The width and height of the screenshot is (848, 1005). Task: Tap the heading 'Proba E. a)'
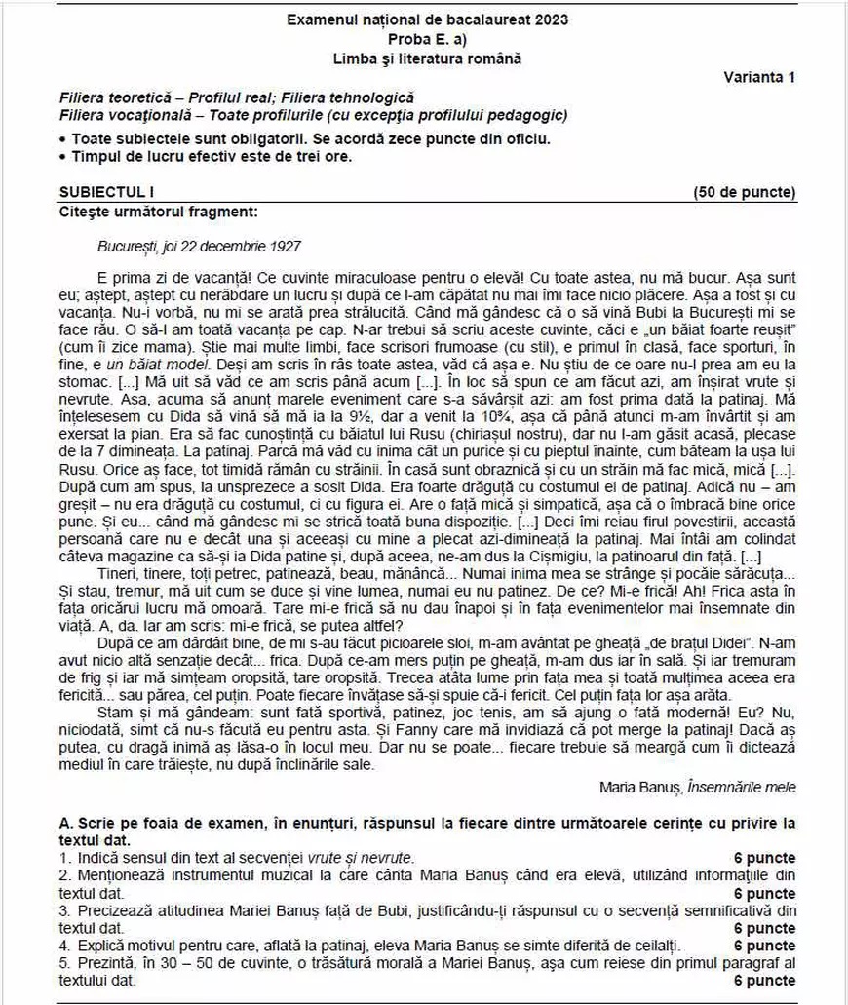tap(427, 39)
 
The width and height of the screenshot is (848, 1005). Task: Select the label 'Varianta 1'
tap(759, 77)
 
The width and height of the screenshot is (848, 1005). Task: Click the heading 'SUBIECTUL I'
tap(98, 192)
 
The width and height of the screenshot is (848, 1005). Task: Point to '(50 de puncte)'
tap(744, 192)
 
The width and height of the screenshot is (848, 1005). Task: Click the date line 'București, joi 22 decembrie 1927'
tap(200, 248)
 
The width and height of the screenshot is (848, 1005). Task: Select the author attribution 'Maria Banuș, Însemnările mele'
tap(697, 787)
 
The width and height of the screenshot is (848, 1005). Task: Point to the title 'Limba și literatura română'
tap(427, 58)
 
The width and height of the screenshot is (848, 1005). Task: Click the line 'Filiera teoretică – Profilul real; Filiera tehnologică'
tap(237, 98)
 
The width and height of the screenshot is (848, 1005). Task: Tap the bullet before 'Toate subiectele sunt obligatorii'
tap(63, 138)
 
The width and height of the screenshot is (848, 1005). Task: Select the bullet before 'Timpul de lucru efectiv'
tap(63, 156)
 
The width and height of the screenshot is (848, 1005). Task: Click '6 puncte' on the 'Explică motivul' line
tap(764, 946)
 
